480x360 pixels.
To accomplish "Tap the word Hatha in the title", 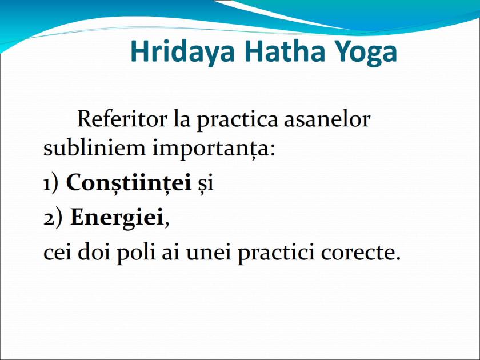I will tap(275, 52).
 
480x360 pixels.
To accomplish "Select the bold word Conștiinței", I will tap(129, 183).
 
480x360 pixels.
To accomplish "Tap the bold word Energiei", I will tap(117, 218).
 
